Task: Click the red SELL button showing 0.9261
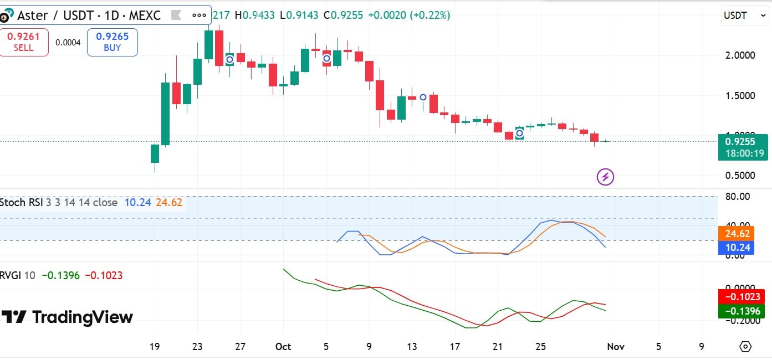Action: coord(24,43)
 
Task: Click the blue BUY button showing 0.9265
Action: coord(112,43)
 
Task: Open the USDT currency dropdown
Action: coord(744,16)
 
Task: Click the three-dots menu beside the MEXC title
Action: coord(199,16)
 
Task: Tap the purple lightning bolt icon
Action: coord(605,177)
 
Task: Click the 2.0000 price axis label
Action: coord(740,55)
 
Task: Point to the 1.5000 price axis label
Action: coord(740,95)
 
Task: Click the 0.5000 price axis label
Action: coord(740,176)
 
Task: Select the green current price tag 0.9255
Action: coord(743,147)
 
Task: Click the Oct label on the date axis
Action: coord(283,347)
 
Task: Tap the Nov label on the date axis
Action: coord(616,347)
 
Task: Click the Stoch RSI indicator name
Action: coord(21,203)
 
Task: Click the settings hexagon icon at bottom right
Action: coord(745,347)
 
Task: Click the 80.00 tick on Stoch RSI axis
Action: coord(737,196)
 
